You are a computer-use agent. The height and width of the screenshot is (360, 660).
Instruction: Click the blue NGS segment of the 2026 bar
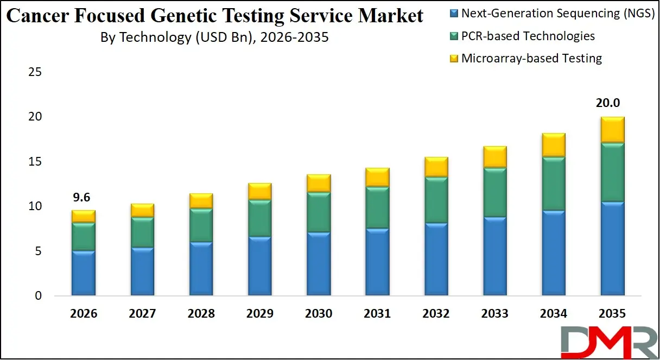83,273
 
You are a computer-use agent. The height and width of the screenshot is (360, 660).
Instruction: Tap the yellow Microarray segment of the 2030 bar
318,184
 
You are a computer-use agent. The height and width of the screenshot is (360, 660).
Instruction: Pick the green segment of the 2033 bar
494,192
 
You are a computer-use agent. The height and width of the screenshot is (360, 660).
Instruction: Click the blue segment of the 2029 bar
259,266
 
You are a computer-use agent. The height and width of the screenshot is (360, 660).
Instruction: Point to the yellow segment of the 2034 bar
553,145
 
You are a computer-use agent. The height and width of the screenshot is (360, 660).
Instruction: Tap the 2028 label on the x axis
201,314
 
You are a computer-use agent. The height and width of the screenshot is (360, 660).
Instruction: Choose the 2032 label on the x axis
436,314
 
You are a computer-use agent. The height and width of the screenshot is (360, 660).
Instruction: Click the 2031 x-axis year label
377,314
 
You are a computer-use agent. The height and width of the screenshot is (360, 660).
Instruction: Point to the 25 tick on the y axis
36,72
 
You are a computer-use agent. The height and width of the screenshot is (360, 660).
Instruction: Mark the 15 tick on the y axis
36,162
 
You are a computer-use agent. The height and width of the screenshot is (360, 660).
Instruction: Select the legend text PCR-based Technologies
528,36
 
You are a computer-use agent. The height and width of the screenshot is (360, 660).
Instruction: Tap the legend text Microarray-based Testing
531,59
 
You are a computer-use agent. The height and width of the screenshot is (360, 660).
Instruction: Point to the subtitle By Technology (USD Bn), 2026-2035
214,37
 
